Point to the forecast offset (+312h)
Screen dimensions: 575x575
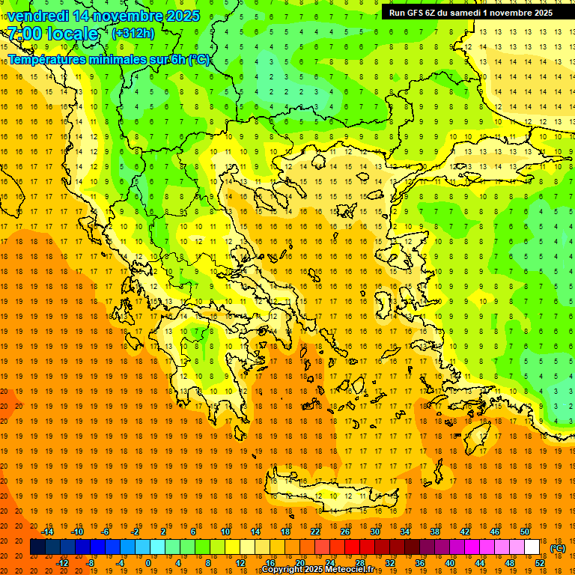(133, 34)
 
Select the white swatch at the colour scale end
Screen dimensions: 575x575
(532, 547)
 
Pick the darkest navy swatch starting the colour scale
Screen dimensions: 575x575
(37, 547)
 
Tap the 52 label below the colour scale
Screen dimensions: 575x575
(540, 563)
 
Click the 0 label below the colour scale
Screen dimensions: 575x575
(148, 563)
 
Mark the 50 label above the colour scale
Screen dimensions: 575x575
(525, 532)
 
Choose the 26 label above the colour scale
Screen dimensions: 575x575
(345, 532)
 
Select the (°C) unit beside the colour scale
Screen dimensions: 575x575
(558, 548)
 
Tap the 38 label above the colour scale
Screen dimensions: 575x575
(435, 532)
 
